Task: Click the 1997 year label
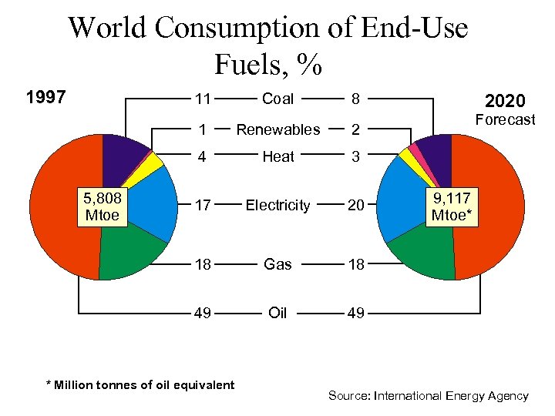coord(45,98)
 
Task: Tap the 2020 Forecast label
coord(505,109)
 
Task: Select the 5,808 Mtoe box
coord(103,206)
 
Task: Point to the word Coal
coord(277,99)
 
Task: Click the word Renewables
coord(277,129)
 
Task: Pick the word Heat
coord(277,157)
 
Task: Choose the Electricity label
coord(277,205)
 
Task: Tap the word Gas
coord(277,264)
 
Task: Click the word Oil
coord(277,313)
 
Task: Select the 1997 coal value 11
coord(203,99)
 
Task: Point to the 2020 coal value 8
coord(355,99)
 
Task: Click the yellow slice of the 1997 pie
coord(154,161)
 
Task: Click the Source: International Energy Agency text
coord(428,396)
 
